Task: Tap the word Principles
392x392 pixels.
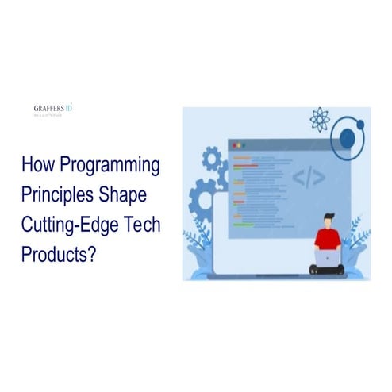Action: click(58, 195)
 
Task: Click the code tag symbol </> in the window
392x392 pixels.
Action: click(308, 177)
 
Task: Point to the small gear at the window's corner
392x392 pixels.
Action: click(213, 159)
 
